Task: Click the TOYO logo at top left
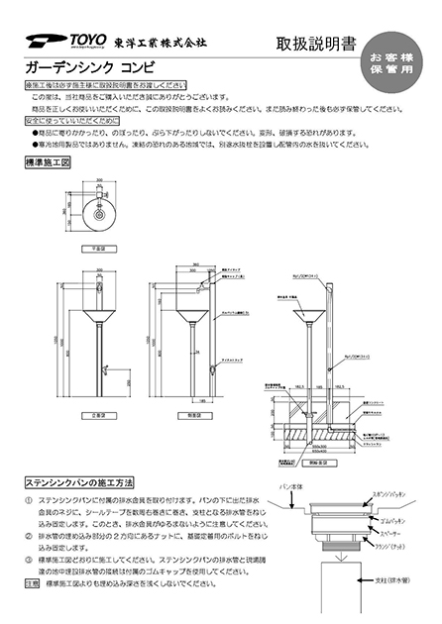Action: pos(50,42)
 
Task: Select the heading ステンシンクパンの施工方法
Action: pos(79,481)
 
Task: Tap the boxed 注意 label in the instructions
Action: pos(32,584)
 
